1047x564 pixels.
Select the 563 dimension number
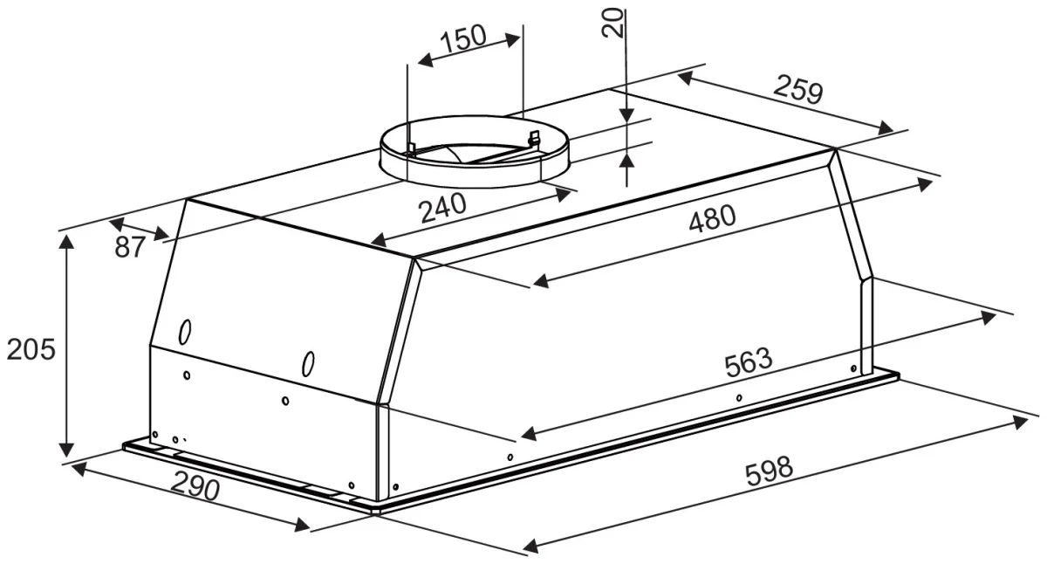749,362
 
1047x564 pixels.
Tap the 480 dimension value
712,218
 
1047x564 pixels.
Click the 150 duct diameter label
463,38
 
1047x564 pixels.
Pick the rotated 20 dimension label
612,23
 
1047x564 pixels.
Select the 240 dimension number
442,208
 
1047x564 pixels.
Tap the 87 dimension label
129,247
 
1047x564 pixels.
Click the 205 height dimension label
31,349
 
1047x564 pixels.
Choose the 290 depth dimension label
195,486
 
